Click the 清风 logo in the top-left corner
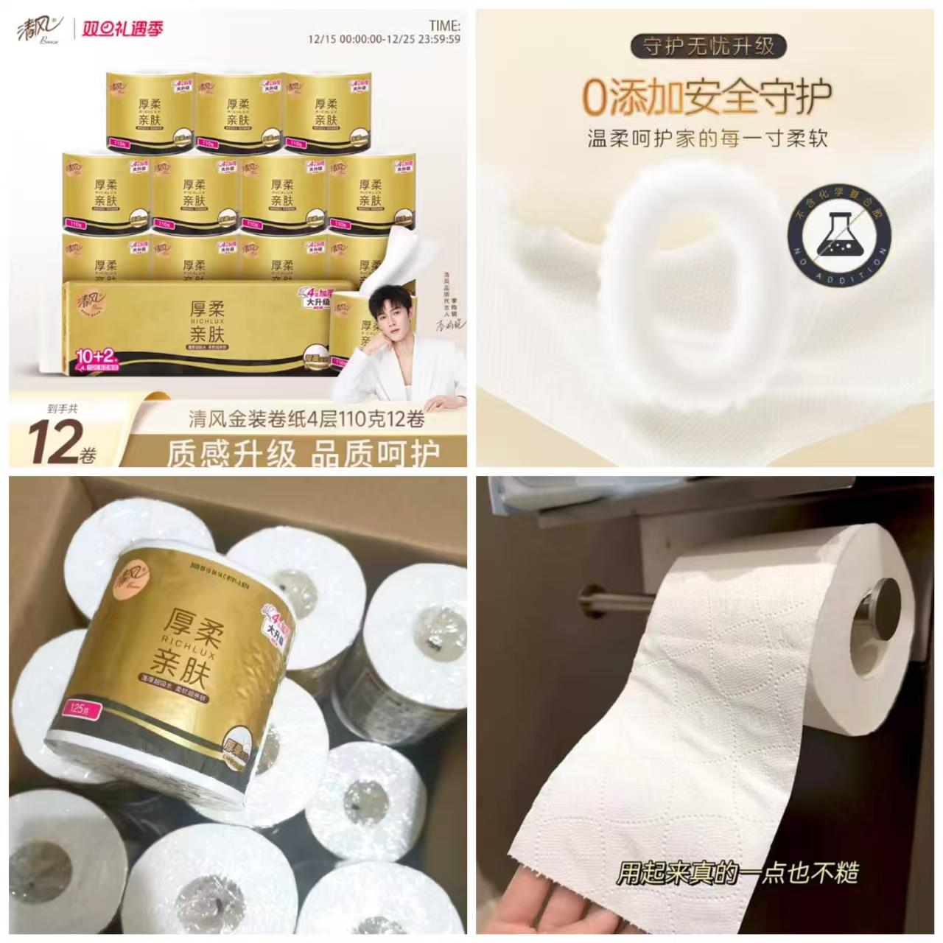[41, 29]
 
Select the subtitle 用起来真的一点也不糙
[737, 873]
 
